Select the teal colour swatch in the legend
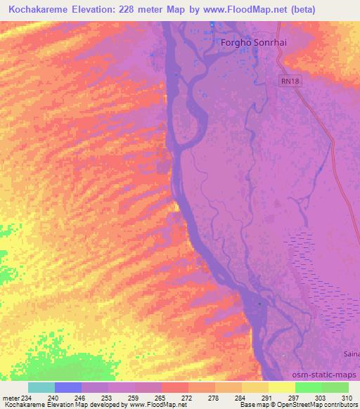point(41,387)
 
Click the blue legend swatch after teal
point(68,387)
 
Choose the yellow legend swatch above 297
point(281,387)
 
